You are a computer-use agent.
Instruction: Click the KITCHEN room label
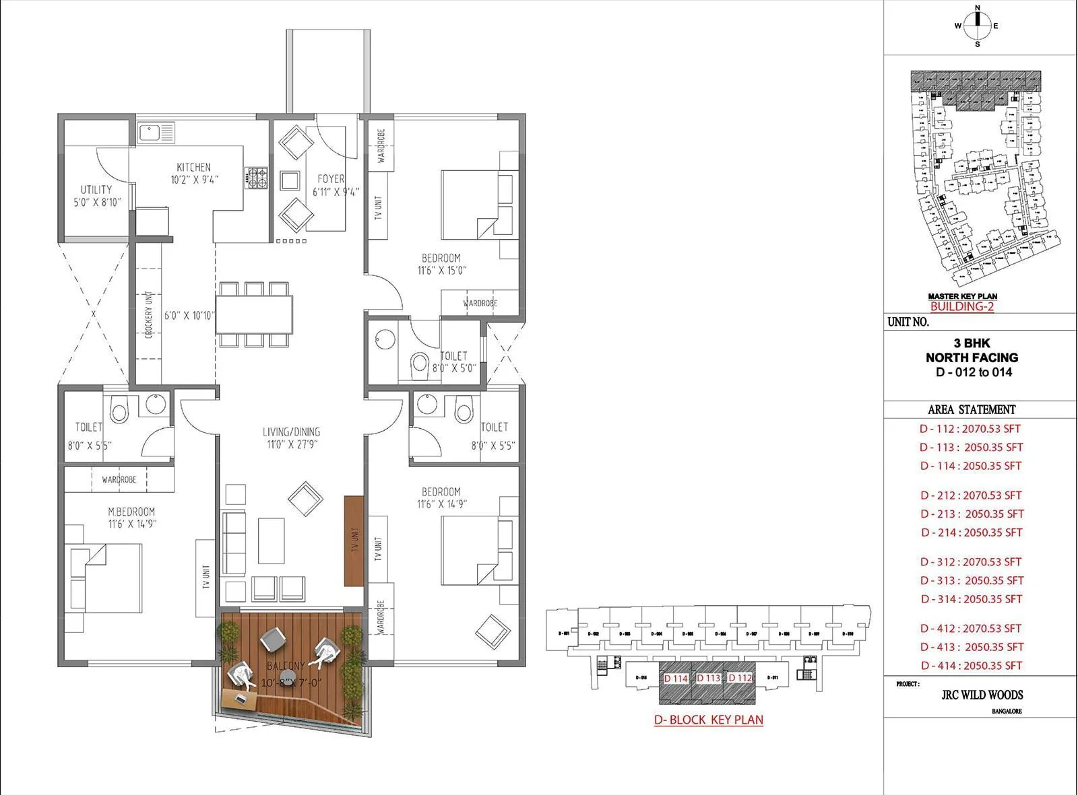coord(194,167)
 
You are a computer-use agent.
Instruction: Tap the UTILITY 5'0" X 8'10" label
coord(96,195)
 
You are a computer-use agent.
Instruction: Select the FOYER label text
coord(331,179)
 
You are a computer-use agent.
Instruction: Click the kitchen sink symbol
coord(156,132)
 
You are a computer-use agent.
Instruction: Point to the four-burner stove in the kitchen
coord(257,178)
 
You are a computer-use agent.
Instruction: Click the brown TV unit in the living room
coord(354,541)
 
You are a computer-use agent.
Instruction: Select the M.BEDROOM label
coord(131,512)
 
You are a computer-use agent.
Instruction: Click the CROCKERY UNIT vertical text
coord(149,314)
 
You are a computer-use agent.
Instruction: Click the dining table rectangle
coord(254,314)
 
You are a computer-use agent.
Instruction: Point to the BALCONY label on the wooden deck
coord(285,666)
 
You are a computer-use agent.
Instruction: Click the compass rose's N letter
coord(978,9)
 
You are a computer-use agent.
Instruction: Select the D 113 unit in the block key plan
coord(708,679)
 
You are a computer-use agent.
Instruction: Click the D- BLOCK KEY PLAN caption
coord(708,720)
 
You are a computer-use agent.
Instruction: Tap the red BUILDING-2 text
coord(961,307)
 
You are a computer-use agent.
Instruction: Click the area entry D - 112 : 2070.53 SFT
coord(970,428)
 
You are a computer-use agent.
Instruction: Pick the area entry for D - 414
coord(971,665)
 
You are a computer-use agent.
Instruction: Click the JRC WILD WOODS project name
coord(982,695)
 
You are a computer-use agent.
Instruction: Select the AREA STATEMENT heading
coord(971,409)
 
